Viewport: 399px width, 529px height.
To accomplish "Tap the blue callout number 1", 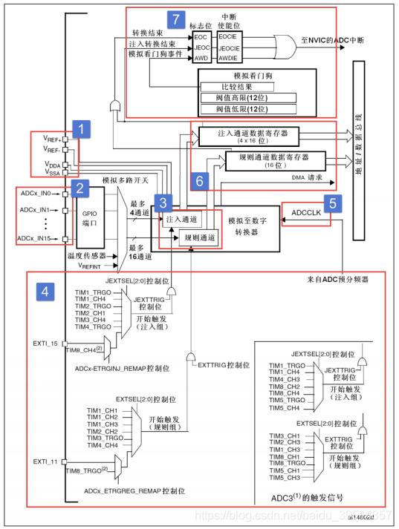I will coord(84,129).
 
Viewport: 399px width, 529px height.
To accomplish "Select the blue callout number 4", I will coord(44,292).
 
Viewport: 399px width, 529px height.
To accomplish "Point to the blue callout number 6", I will coord(198,180).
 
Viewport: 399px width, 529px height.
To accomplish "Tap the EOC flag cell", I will coord(201,35).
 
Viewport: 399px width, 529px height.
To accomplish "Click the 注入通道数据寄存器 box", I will coord(247,136).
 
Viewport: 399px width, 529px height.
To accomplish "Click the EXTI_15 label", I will coord(45,344).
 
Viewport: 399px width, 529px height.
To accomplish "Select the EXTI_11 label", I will coord(45,462).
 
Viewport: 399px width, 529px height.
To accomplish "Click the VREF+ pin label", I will coord(53,138).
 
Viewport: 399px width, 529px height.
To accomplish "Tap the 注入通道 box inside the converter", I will coord(181,219).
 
